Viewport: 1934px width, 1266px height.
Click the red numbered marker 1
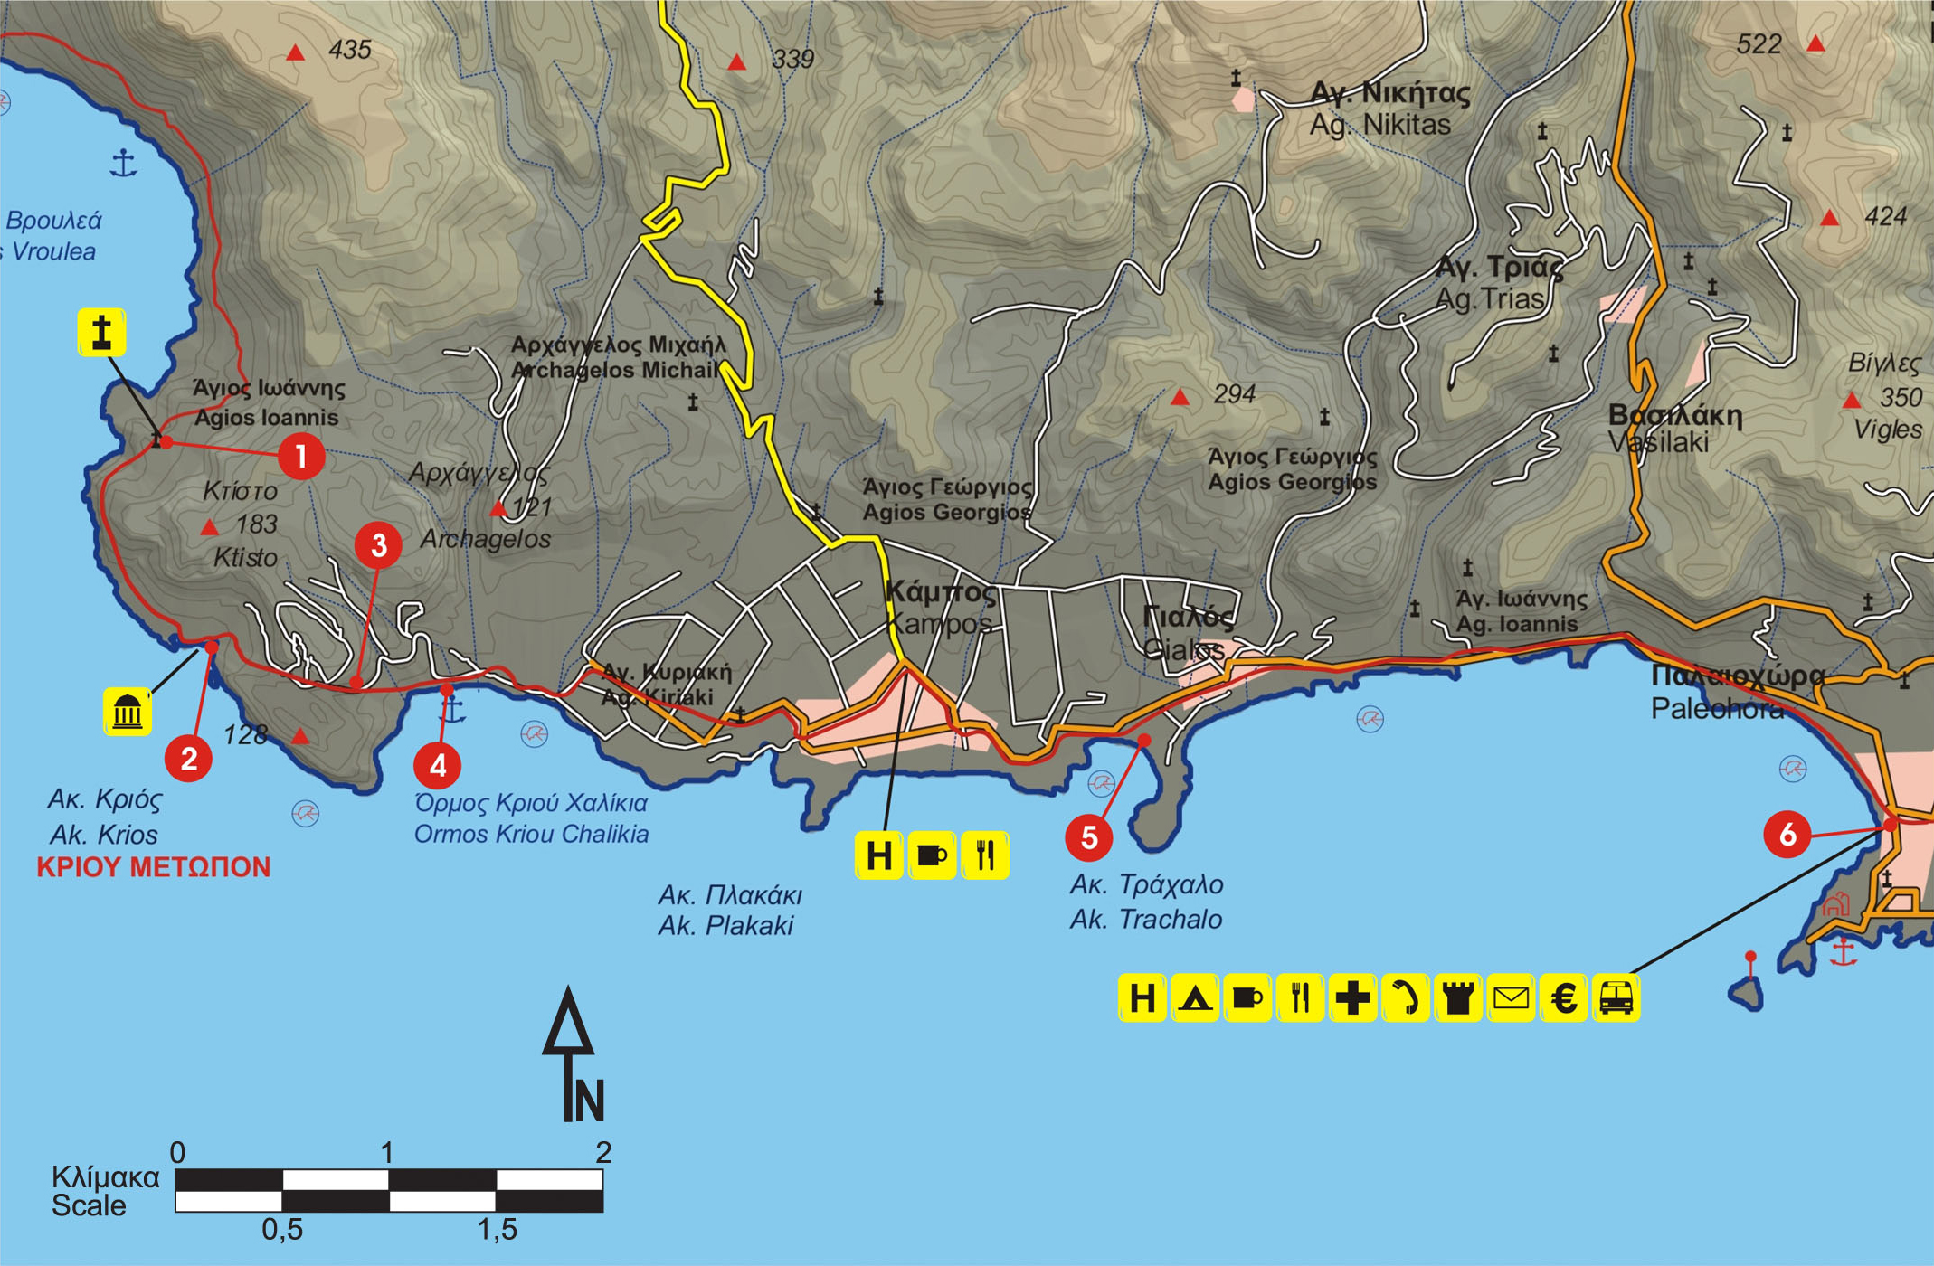coord(301,457)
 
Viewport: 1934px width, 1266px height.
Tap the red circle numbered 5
coord(1088,837)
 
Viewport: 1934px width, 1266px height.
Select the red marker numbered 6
coord(1787,834)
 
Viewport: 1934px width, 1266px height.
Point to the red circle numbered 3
coord(378,545)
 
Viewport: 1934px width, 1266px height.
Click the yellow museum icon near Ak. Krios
coord(128,712)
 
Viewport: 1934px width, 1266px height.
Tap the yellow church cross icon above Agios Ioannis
coord(101,332)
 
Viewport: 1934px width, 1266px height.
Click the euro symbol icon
coord(1564,998)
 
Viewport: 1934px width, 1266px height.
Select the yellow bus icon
coord(1616,998)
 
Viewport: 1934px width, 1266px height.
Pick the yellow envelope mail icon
coord(1511,998)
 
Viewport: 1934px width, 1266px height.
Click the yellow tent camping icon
coord(1195,998)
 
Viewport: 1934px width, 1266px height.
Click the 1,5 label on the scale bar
coord(497,1229)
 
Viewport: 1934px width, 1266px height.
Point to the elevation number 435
coord(350,50)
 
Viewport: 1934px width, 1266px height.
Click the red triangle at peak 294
coord(1180,397)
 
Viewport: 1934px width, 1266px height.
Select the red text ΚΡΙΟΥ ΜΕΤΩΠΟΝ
coord(153,867)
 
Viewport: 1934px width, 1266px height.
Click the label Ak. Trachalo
coord(1145,920)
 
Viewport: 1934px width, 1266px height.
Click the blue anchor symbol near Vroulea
coord(123,163)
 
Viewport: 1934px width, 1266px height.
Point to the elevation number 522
coord(1759,44)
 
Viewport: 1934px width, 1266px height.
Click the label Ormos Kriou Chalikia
coord(531,834)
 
